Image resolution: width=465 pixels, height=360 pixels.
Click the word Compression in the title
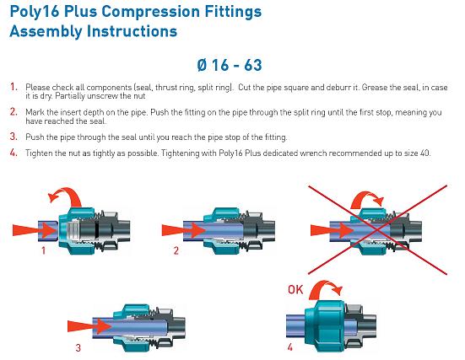151,13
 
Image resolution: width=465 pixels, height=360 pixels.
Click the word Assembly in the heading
46,32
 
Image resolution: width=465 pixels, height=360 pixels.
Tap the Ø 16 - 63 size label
230,65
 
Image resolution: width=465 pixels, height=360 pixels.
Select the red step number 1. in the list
14,87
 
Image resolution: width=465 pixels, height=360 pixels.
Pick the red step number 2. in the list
14,111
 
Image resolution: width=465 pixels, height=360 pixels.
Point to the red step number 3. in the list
14,137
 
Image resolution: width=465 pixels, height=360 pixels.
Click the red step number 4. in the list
14,153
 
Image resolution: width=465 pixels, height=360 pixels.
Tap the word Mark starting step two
35,112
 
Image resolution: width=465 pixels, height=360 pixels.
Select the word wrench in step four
313,153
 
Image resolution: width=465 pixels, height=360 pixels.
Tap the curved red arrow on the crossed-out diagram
368,196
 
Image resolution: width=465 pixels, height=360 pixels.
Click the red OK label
295,289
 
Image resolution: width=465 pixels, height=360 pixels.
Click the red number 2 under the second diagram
176,251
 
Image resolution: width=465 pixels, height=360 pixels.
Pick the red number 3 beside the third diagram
78,347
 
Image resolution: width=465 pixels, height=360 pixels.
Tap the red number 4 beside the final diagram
289,347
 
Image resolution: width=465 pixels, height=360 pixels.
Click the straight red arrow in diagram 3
89,326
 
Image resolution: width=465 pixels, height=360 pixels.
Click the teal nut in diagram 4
325,325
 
